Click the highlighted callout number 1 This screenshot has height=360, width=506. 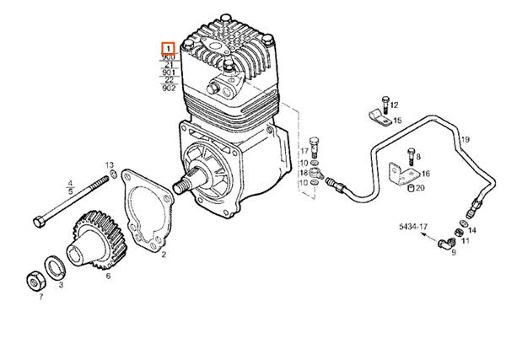tap(169, 49)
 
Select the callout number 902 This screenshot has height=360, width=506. tap(169, 88)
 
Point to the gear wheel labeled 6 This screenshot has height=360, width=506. tap(94, 240)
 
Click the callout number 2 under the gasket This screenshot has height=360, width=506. tap(164, 254)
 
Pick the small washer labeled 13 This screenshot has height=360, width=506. tap(110, 176)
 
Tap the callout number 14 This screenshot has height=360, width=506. tap(471, 229)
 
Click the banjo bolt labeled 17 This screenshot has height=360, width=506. tap(315, 144)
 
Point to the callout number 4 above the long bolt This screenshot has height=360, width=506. tap(70, 182)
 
